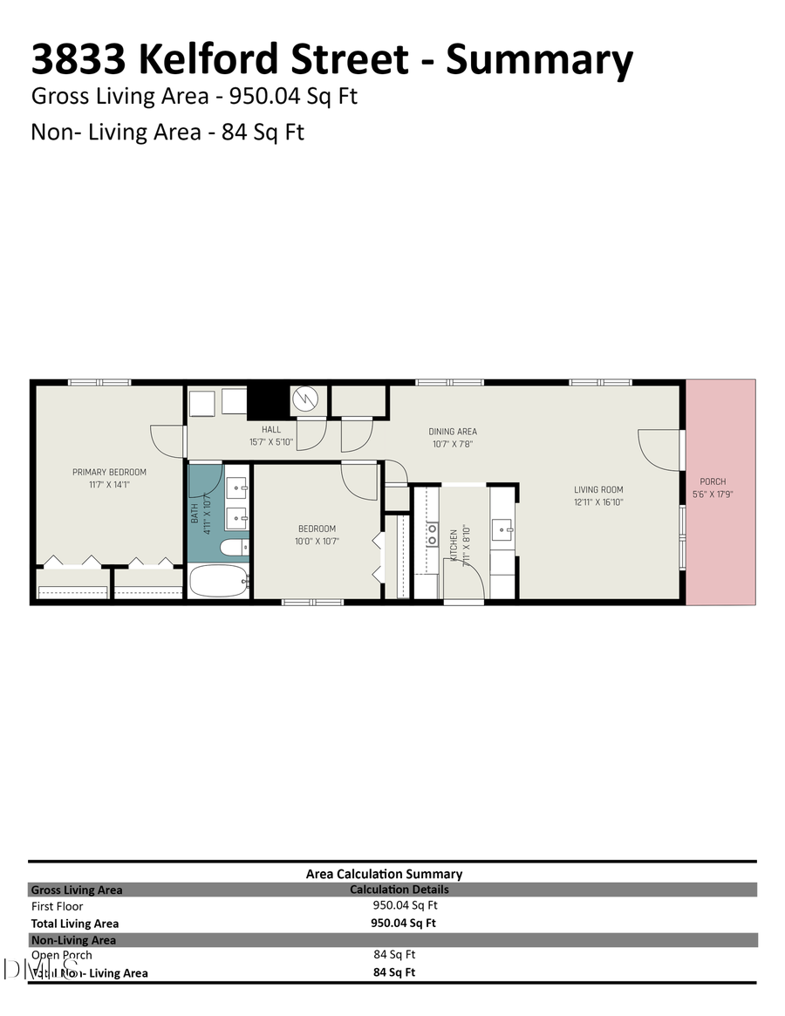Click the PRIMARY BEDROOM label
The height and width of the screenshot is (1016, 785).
(109, 472)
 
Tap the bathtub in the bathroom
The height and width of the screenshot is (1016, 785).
(218, 581)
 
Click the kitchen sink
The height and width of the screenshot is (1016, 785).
(502, 528)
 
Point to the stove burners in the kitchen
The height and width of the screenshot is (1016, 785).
(431, 534)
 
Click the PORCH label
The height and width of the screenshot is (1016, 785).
(713, 481)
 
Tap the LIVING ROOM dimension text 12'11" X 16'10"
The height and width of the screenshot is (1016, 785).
(598, 501)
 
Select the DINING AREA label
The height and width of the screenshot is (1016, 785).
(453, 431)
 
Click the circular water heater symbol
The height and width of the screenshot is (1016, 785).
(307, 400)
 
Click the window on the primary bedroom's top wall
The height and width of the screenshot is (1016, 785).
(99, 382)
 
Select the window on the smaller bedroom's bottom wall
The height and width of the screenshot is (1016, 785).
(312, 601)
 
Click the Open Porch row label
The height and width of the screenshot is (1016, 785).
(61, 955)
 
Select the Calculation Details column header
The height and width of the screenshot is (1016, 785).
(399, 890)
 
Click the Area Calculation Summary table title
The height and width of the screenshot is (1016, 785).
(384, 873)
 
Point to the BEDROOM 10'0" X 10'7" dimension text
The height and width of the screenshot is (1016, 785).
(317, 541)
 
